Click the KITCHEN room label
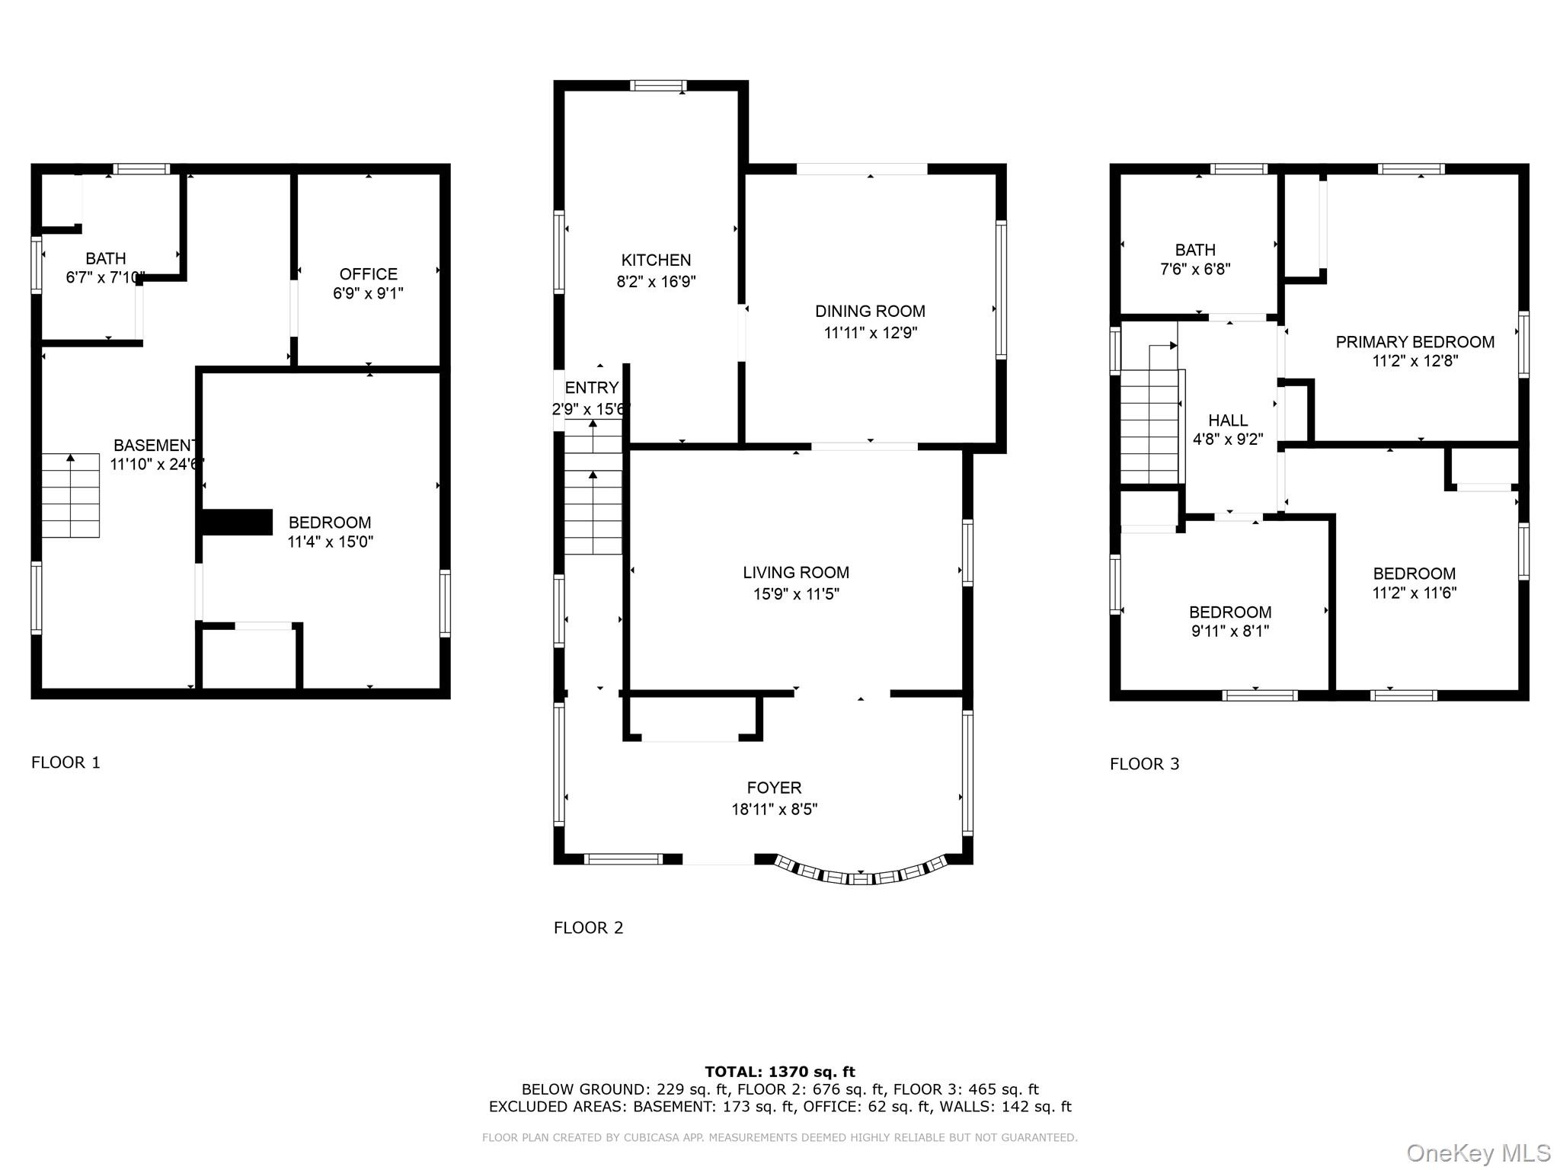tap(656, 261)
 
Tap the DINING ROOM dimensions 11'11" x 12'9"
tap(870, 333)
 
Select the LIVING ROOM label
tap(796, 572)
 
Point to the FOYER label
tap(774, 788)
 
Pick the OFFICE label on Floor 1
tap(368, 274)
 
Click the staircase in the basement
tap(70, 495)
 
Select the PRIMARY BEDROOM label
tap(1415, 342)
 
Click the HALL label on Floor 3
tap(1228, 420)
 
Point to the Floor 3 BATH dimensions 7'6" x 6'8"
tap(1195, 269)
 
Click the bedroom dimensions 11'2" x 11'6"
tap(1414, 593)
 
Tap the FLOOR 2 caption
tap(588, 927)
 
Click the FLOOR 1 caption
tap(66, 762)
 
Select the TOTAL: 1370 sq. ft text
tap(779, 1072)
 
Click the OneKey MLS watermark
tap(1478, 1152)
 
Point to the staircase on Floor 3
tap(1149, 427)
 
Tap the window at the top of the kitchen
tap(658, 85)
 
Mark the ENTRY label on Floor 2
tap(592, 388)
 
